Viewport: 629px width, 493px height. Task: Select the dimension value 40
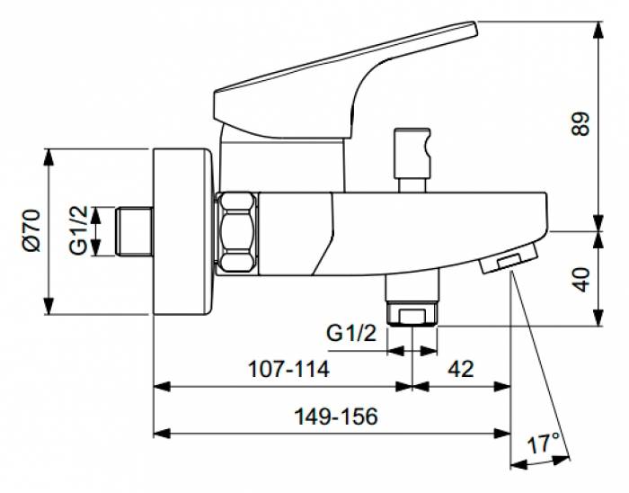(581, 278)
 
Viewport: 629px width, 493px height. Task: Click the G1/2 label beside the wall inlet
(80, 230)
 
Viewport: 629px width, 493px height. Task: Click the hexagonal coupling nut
(236, 230)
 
